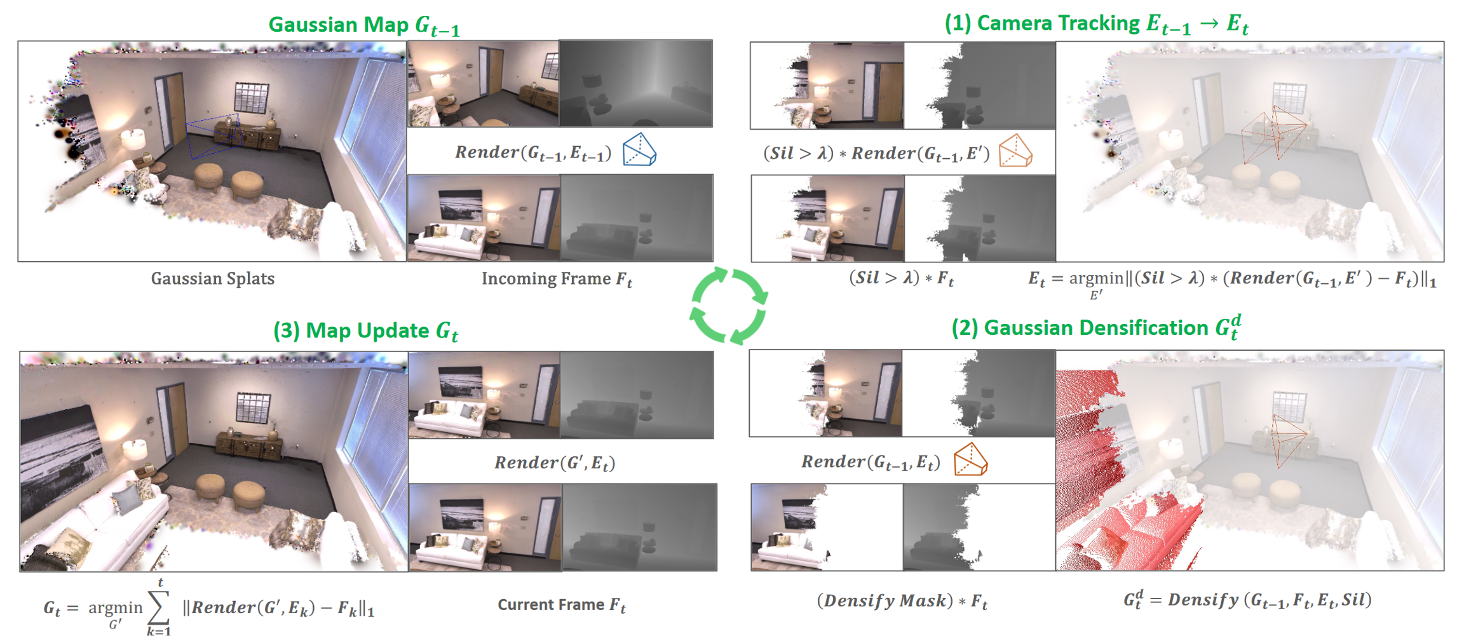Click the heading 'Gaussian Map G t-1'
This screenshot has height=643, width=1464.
point(364,25)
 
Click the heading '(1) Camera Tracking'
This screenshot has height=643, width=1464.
point(1042,23)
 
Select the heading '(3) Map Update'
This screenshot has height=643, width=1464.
point(351,330)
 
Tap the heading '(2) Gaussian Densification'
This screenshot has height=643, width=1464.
point(1080,328)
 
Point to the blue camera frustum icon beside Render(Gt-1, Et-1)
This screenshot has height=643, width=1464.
point(639,150)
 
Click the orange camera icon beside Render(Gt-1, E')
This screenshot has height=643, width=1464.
point(1015,151)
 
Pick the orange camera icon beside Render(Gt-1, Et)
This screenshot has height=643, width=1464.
point(971,459)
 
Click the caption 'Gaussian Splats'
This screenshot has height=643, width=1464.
point(213,278)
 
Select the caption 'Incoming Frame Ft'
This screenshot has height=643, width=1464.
point(557,279)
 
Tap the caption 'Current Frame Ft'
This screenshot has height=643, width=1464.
point(562,605)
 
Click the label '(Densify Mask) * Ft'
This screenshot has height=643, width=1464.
point(902,601)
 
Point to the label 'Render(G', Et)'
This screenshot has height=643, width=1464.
point(555,463)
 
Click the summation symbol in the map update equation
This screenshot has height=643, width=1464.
point(159,607)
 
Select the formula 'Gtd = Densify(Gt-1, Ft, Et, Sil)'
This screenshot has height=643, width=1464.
point(1247,600)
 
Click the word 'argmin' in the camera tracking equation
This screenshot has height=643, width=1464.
point(1096,278)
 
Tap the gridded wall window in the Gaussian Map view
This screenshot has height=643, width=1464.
point(252,97)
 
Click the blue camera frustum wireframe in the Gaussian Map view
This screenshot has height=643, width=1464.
point(213,136)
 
